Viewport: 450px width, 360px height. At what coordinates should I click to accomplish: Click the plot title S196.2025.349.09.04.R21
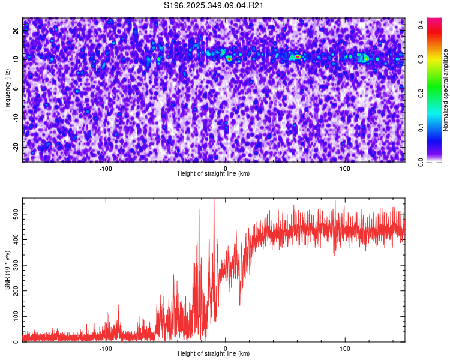pyautogui.click(x=214, y=5)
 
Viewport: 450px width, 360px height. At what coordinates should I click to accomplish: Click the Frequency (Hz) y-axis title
pyautogui.click(x=7, y=90)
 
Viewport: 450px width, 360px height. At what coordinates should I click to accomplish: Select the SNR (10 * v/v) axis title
pyautogui.click(x=7, y=270)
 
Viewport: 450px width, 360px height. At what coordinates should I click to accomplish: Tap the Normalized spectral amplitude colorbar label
pyautogui.click(x=446, y=90)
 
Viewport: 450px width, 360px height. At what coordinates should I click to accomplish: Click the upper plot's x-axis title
pyautogui.click(x=214, y=173)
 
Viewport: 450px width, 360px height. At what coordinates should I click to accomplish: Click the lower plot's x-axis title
pyautogui.click(x=214, y=353)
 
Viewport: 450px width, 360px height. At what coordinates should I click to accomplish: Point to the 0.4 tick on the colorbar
pyautogui.click(x=422, y=25)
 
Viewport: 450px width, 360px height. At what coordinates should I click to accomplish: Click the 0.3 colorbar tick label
pyautogui.click(x=422, y=59)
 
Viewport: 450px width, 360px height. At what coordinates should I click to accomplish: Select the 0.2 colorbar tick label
pyautogui.click(x=422, y=93)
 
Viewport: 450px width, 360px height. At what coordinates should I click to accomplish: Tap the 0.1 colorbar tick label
pyautogui.click(x=422, y=127)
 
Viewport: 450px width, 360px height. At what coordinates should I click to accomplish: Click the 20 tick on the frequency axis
pyautogui.click(x=17, y=32)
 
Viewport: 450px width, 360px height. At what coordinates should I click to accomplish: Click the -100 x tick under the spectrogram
pyautogui.click(x=106, y=169)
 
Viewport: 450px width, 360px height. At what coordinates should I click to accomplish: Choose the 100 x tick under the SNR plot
pyautogui.click(x=345, y=349)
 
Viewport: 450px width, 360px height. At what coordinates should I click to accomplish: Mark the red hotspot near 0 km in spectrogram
pyautogui.click(x=229, y=59)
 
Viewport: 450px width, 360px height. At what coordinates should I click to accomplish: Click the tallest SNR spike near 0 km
pyautogui.click(x=214, y=200)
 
